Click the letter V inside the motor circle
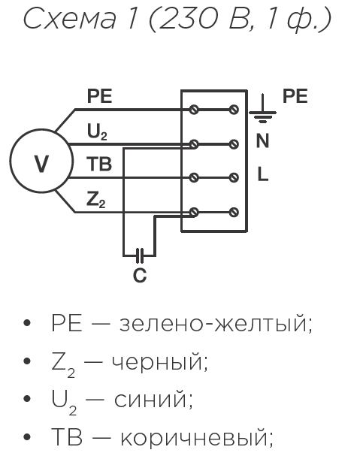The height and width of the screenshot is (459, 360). coord(41,164)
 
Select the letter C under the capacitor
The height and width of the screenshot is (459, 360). coord(140,275)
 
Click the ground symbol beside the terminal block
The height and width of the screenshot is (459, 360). coord(262,109)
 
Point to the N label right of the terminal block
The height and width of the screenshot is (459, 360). coord(263,140)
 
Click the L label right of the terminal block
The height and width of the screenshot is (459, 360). coord(263,174)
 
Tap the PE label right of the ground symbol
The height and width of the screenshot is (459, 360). coord(295,96)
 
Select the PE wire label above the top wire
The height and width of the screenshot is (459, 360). coord(100,96)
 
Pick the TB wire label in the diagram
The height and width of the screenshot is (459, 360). coord(99,164)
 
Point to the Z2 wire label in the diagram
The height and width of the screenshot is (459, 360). coord(95,200)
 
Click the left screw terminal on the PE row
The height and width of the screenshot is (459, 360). coord(194,110)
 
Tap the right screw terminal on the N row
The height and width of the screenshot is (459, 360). coord(234,144)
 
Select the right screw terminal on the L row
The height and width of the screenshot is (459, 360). coord(234,178)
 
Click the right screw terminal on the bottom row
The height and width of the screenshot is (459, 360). coord(234,212)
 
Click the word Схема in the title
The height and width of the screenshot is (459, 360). coord(69,19)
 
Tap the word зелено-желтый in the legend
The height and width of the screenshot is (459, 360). coord(216,324)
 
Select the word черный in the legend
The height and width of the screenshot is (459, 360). coord(159,362)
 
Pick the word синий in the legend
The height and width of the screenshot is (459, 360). coord(153,400)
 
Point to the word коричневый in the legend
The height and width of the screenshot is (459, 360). coord(197,437)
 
